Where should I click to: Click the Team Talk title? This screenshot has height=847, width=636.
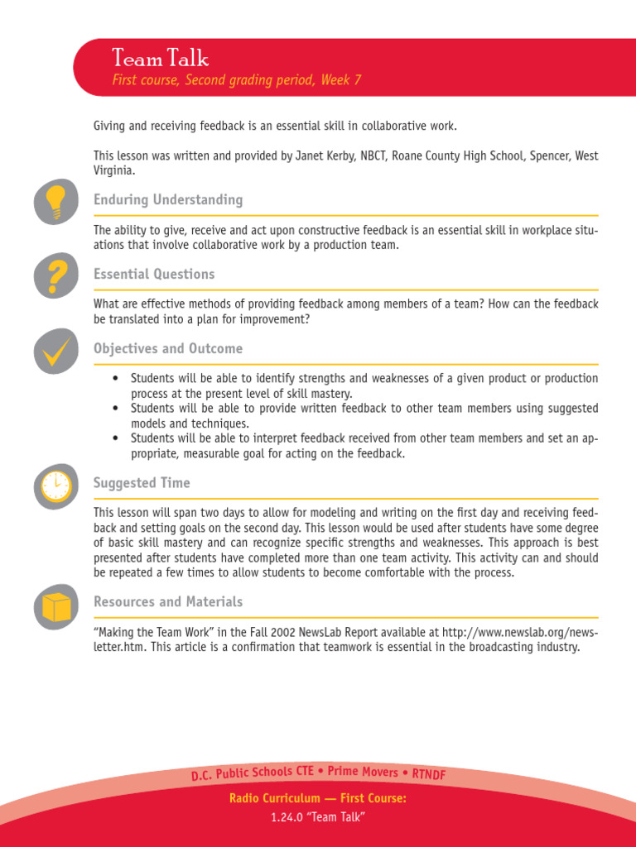pyautogui.click(x=161, y=59)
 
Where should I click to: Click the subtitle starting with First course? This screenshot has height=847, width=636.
pyautogui.click(x=237, y=80)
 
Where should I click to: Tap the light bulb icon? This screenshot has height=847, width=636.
pyautogui.click(x=55, y=202)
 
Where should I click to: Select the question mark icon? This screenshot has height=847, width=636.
pyautogui.click(x=55, y=276)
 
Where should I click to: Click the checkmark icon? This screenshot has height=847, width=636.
pyautogui.click(x=55, y=351)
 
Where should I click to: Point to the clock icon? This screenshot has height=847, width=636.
pyautogui.click(x=55, y=486)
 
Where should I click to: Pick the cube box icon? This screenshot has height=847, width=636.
pyautogui.click(x=55, y=606)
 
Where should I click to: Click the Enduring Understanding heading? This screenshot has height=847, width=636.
pyautogui.click(x=168, y=200)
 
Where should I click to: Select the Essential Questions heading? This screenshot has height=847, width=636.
pyautogui.click(x=154, y=275)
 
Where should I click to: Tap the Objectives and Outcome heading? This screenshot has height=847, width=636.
pyautogui.click(x=168, y=349)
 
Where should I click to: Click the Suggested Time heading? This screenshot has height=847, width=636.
pyautogui.click(x=142, y=483)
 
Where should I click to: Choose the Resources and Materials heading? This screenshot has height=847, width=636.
pyautogui.click(x=168, y=602)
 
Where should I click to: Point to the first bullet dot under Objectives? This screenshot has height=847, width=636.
pyautogui.click(x=116, y=379)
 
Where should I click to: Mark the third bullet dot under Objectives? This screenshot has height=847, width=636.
pyautogui.click(x=116, y=438)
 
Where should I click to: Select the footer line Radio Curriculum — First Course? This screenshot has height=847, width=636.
pyautogui.click(x=318, y=799)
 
